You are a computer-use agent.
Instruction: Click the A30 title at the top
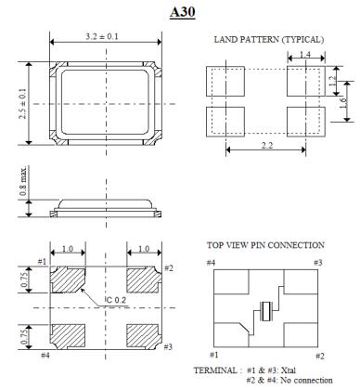pyautogui.click(x=183, y=12)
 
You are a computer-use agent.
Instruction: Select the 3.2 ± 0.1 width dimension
pyautogui.click(x=102, y=36)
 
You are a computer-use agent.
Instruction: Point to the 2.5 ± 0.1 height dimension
pyautogui.click(x=22, y=103)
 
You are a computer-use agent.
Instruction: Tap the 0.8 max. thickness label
pyautogui.click(x=23, y=181)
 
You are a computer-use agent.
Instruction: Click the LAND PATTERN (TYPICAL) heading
pyautogui.click(x=269, y=40)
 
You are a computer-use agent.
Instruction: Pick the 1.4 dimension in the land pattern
pyautogui.click(x=305, y=55)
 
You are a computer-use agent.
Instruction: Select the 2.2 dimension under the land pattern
pyautogui.click(x=267, y=145)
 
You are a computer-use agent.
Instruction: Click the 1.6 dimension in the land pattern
pyautogui.click(x=343, y=102)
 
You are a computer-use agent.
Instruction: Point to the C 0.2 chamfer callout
pyautogui.click(x=116, y=300)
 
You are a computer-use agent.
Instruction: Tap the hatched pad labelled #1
pyautogui.click(x=68, y=280)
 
